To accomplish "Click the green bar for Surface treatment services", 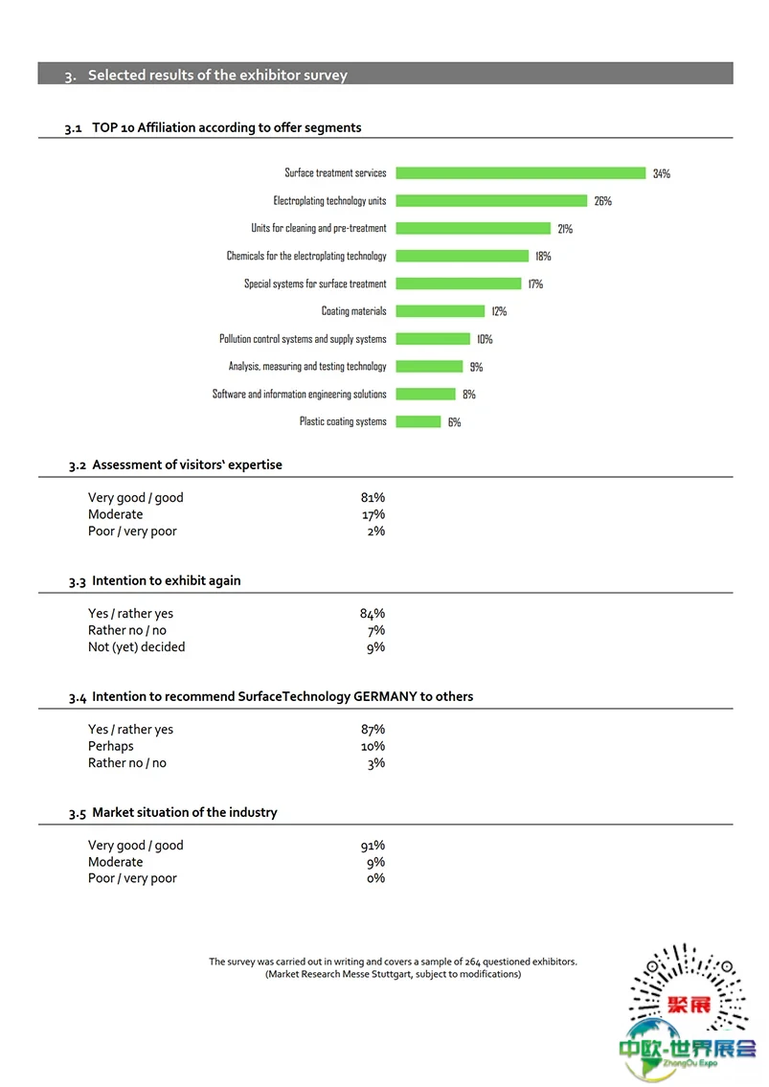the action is [x=521, y=172].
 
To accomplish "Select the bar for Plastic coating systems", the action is [x=418, y=421].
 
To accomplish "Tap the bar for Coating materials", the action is [x=441, y=311].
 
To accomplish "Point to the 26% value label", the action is [x=602, y=201].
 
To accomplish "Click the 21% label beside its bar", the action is [x=565, y=229].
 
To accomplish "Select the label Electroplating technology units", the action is [x=329, y=200].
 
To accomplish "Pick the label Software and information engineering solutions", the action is [x=299, y=394].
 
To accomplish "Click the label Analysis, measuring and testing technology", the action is [x=307, y=366].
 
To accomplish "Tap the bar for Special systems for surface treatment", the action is [x=459, y=283].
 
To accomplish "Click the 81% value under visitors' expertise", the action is [x=373, y=498].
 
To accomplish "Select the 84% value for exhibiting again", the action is [x=373, y=614].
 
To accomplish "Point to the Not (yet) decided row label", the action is [x=137, y=646].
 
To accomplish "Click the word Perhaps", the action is [x=111, y=747].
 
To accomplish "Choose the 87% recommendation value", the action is [x=373, y=729].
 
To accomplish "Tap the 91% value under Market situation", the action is [x=373, y=845].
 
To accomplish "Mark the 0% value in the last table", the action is [x=375, y=878].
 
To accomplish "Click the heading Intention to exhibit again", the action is [x=167, y=581].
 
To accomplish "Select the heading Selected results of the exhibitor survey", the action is [x=217, y=75].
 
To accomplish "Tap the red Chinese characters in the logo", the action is [x=690, y=1005].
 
